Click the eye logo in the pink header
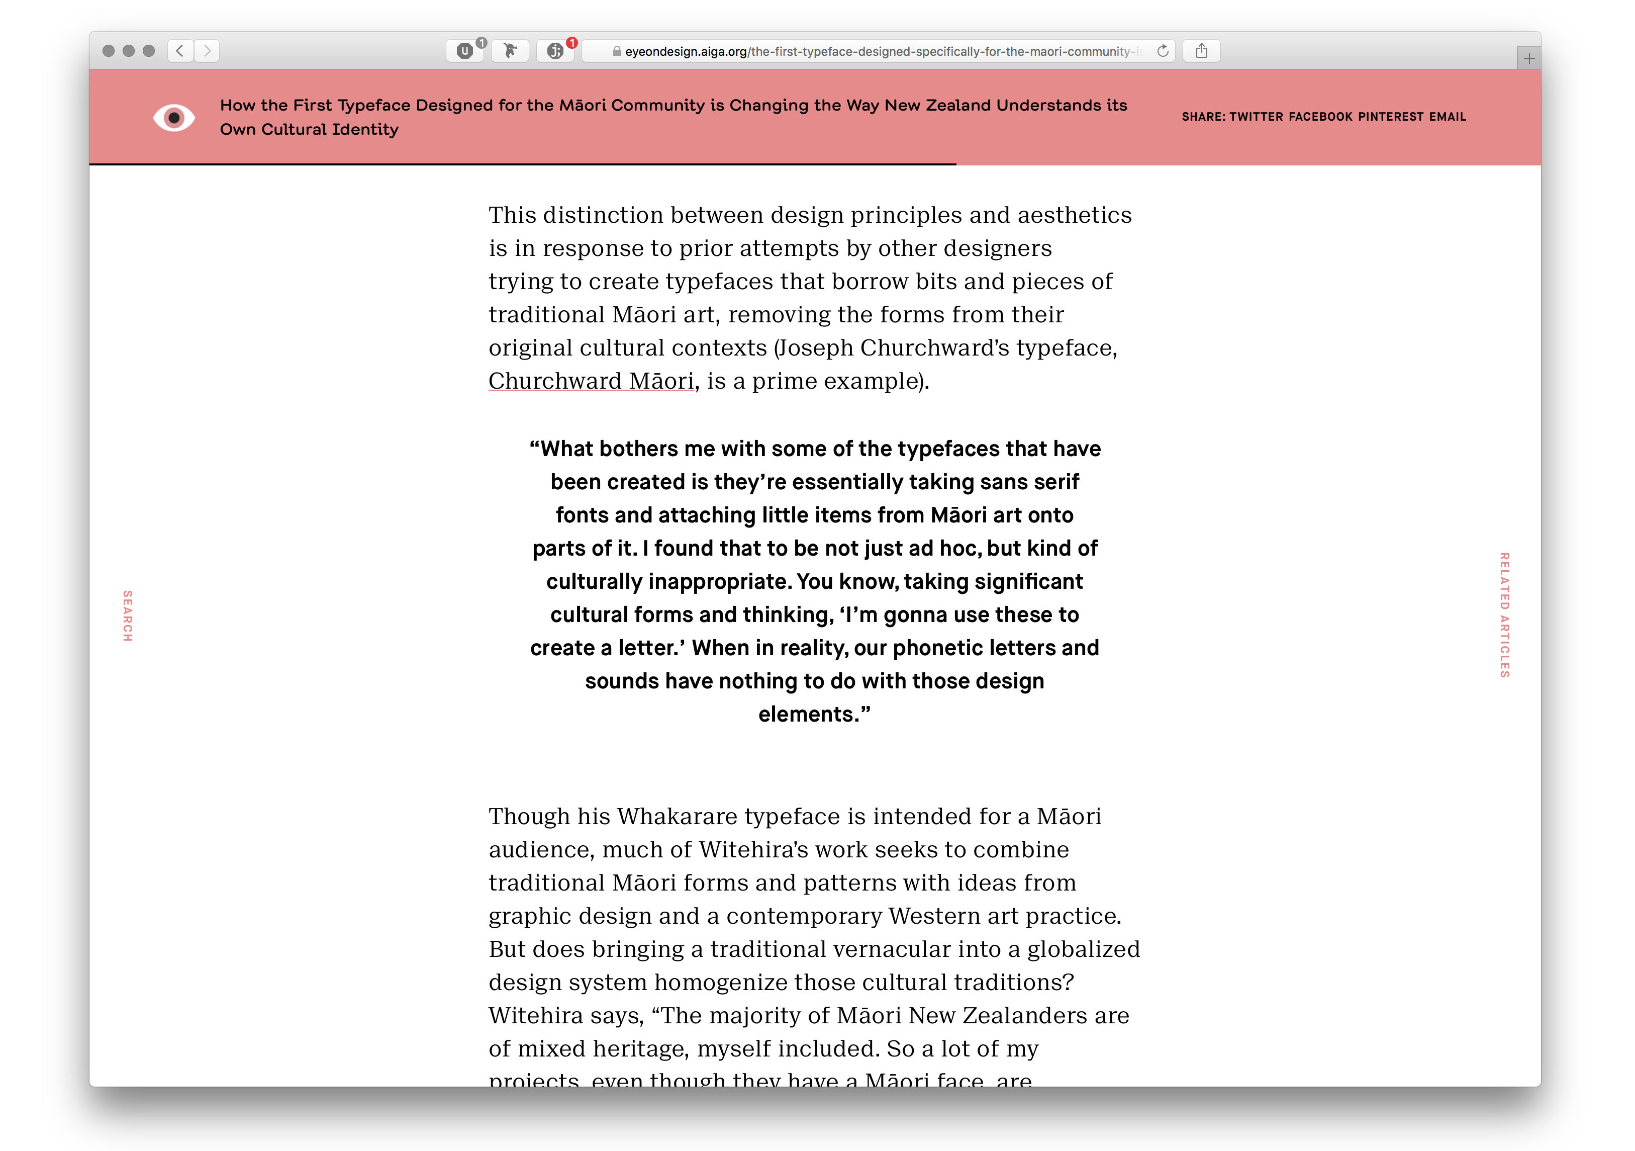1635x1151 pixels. [174, 118]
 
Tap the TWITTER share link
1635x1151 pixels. [1256, 117]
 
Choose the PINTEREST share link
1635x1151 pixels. [1390, 117]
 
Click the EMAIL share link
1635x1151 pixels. [1447, 117]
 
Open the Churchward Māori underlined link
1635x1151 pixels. [591, 381]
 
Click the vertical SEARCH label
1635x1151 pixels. [128, 615]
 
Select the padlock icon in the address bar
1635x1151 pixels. [617, 51]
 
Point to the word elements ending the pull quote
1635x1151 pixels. [808, 715]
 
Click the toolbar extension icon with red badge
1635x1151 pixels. [555, 51]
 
